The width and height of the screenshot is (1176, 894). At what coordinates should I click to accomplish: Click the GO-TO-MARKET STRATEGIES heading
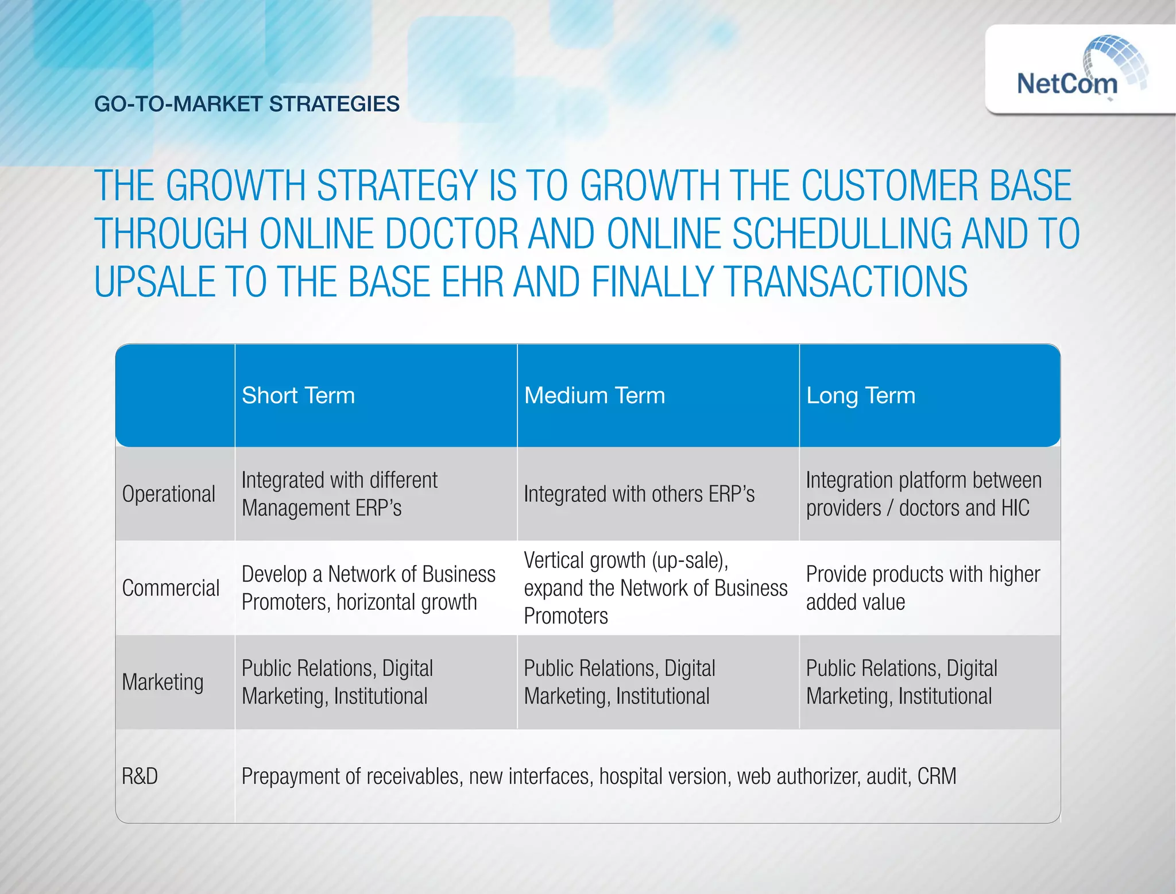[247, 104]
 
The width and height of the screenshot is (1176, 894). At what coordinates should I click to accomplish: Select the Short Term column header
[298, 396]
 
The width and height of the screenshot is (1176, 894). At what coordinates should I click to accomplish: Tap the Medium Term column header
[594, 396]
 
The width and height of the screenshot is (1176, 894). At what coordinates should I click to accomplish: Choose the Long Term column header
[860, 396]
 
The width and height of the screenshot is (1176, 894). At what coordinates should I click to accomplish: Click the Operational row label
[168, 494]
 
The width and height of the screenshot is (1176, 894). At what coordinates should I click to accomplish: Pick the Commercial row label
[171, 588]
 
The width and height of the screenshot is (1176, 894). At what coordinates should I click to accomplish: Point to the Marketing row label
[163, 682]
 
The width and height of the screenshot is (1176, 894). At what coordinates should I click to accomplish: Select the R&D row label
[140, 776]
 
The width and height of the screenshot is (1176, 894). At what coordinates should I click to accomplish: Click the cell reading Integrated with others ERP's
[639, 494]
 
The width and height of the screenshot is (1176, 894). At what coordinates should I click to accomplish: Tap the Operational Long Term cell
[923, 494]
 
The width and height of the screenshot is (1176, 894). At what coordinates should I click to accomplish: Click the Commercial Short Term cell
[368, 588]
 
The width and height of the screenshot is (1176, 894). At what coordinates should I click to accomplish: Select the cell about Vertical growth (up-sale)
[655, 588]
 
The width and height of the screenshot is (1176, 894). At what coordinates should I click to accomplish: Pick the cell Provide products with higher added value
[922, 588]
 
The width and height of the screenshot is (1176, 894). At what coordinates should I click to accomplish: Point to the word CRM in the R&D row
[937, 776]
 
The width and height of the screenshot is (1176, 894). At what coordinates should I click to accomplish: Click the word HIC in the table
[1015, 508]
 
